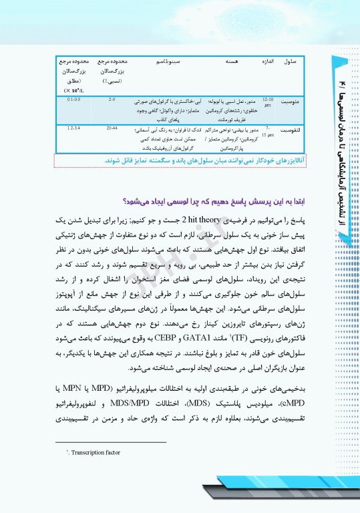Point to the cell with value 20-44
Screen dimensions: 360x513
point(112,126)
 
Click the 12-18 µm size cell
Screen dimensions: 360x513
point(267,102)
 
